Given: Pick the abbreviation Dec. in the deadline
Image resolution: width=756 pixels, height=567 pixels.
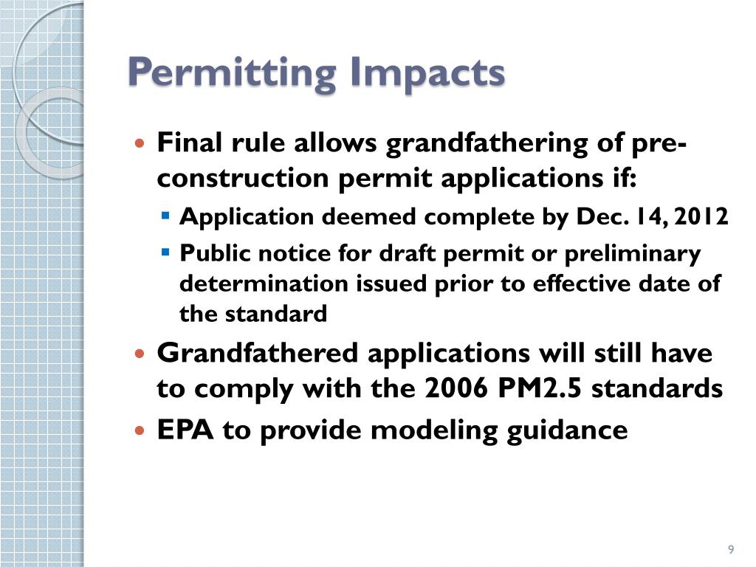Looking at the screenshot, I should click(x=594, y=217).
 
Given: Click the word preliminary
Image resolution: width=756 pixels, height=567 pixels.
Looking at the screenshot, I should click(x=633, y=253).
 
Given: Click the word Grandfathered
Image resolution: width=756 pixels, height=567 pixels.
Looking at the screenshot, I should click(x=258, y=353).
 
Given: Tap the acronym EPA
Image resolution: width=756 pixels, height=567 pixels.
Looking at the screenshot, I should click(x=185, y=430).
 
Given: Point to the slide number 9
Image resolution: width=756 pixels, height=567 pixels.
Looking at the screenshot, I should click(x=730, y=549).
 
